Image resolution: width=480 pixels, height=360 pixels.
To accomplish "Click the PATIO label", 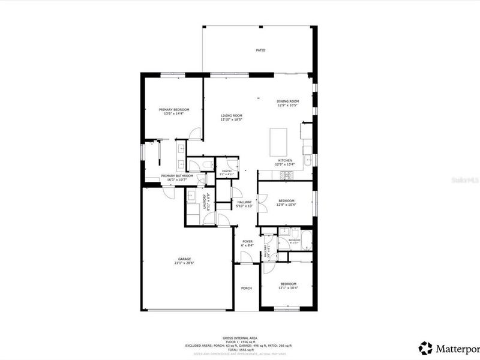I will (260, 50).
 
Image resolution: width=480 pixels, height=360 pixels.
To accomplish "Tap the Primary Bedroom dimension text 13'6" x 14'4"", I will (173, 114).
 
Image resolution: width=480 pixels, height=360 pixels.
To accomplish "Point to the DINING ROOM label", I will (287, 101).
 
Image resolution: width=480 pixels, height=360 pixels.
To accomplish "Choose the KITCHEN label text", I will (284, 160).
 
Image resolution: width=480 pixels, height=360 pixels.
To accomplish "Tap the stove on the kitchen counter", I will (286, 175).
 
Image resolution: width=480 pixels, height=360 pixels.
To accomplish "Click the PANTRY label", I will (227, 171).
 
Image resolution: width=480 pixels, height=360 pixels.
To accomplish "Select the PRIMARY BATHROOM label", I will (176, 176).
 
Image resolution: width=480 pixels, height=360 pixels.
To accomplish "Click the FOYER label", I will (247, 242).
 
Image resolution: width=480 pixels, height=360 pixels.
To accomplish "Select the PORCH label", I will (247, 288).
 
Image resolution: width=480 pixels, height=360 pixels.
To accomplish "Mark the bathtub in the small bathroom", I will (305, 240).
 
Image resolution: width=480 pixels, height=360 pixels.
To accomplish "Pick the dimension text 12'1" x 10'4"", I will (288, 288).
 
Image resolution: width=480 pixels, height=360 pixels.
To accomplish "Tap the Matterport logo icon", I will (425, 347).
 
